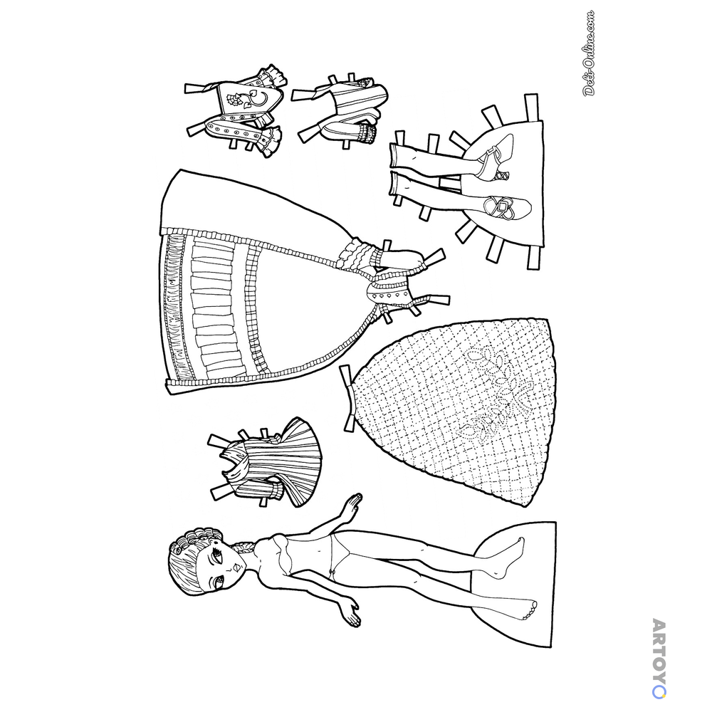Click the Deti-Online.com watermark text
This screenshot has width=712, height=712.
click(590, 53)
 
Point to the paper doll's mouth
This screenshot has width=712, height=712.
click(236, 567)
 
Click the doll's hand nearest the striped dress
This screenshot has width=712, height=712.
click(352, 503)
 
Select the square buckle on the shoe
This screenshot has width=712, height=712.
click(502, 207)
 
